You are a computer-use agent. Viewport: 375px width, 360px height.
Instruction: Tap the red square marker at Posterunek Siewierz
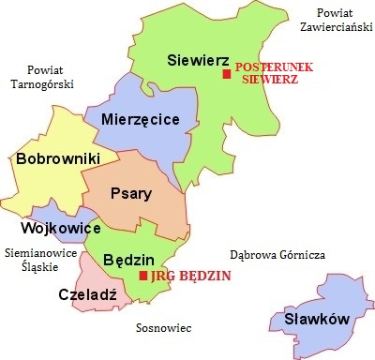226,74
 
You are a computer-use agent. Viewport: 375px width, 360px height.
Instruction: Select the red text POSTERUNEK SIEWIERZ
266,74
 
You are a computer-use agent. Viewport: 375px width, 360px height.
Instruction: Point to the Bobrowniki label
58,159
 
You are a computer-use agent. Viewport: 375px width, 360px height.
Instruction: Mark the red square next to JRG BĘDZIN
142,276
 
